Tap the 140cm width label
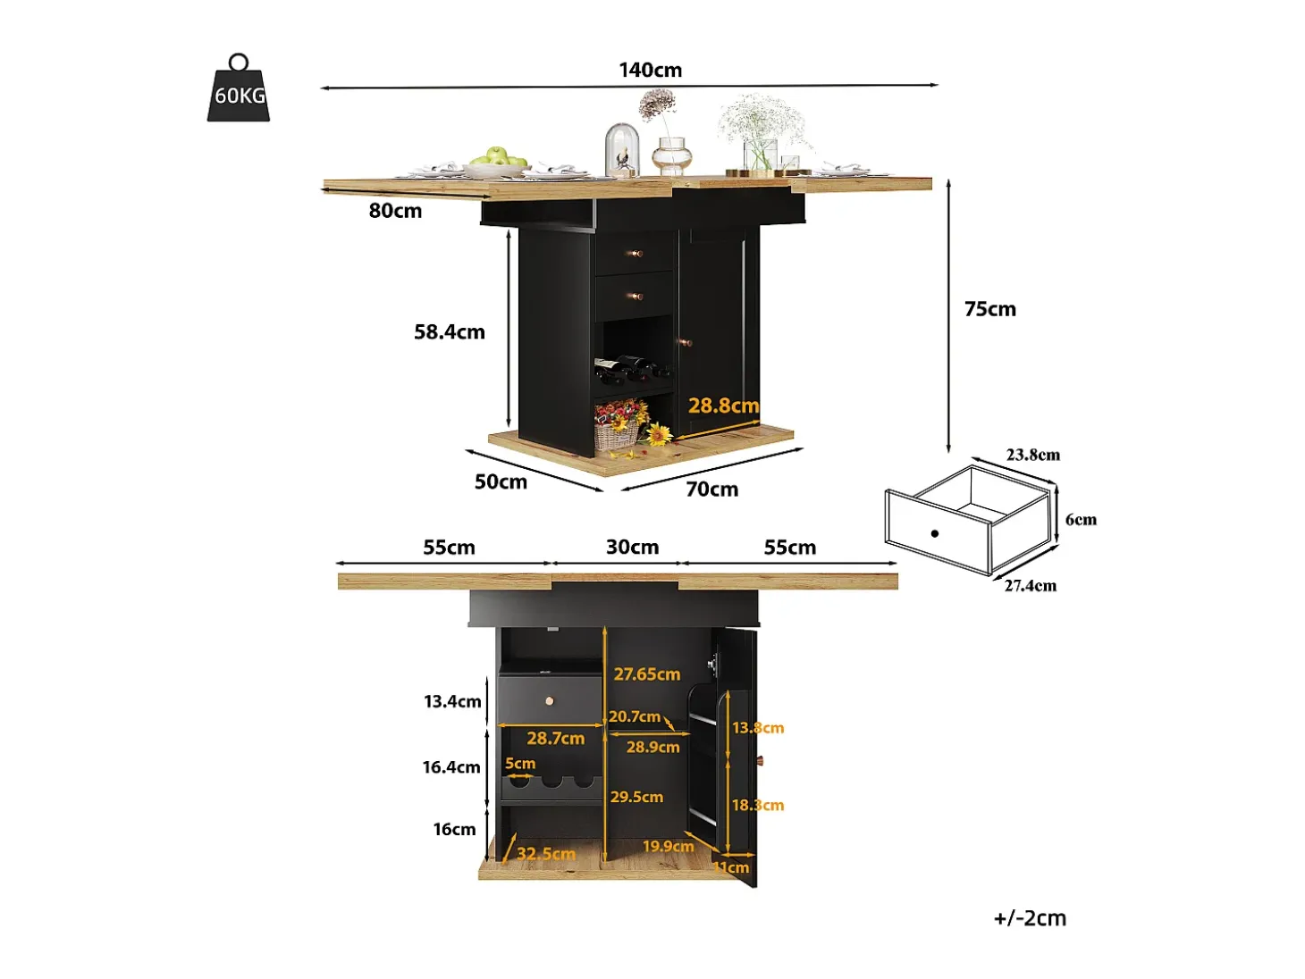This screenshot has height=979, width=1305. [x=651, y=70]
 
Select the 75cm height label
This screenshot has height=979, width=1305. [x=989, y=309]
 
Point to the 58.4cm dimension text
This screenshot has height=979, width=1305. [x=450, y=331]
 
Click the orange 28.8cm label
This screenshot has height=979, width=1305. [x=723, y=406]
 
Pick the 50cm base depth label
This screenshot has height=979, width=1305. [x=501, y=481]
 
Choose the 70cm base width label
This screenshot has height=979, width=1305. [x=712, y=489]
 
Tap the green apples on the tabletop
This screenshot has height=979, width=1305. [x=498, y=157]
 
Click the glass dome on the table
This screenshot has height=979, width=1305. [x=622, y=150]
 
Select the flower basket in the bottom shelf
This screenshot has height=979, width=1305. [x=619, y=425]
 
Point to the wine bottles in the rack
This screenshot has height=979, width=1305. [x=632, y=368]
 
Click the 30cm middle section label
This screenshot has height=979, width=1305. [x=633, y=548]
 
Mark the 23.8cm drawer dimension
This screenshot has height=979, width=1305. [x=1032, y=455]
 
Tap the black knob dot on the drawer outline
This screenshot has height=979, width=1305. [x=935, y=533]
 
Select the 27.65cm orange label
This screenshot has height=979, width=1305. [x=647, y=674]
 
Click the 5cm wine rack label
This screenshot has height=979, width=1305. [x=520, y=764]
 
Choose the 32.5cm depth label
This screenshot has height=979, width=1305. [x=546, y=854]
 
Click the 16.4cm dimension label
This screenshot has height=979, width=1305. [x=451, y=767]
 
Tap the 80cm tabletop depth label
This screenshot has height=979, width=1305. [x=395, y=210]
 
